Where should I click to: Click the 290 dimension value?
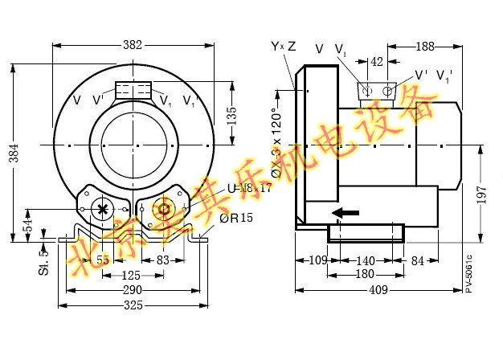pos(133,289)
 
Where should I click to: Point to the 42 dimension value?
pos(377,62)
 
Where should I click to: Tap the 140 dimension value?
pos(365,260)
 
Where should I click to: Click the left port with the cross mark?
pos(102,209)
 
